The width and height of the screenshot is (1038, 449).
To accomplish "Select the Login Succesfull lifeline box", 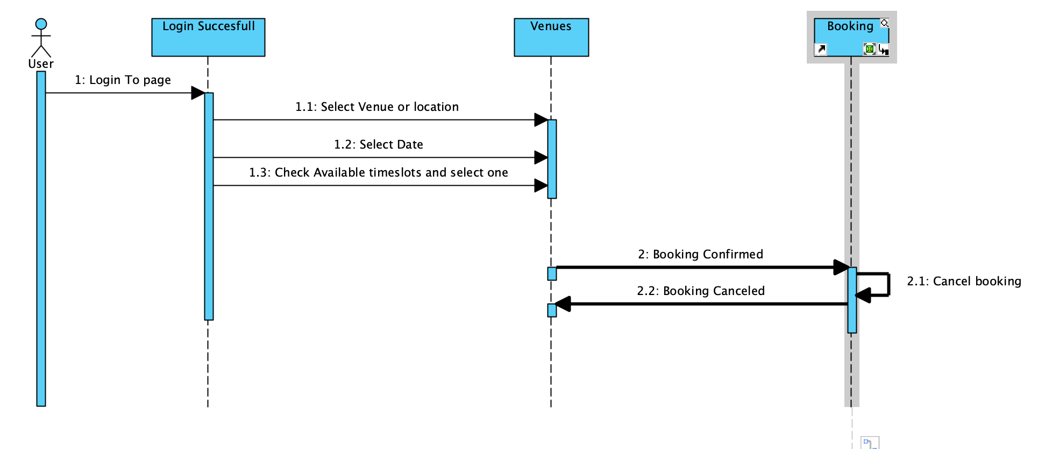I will pos(208,38).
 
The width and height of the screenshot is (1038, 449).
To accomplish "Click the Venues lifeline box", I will pos(551,38).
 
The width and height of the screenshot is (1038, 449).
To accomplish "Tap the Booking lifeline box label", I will pos(850,26).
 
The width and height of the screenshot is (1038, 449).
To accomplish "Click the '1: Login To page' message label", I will pos(123,80).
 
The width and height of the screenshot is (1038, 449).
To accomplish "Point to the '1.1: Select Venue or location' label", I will pos(376,107).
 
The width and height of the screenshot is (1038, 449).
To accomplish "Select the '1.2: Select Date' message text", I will pos(378,145).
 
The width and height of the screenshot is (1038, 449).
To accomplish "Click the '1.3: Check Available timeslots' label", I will pos(378,173).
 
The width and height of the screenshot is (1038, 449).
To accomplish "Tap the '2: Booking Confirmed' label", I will pos(700,255).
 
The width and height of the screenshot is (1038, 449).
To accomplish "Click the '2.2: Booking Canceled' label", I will pos(700,291).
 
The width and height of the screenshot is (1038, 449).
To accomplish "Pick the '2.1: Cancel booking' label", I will pos(963,282).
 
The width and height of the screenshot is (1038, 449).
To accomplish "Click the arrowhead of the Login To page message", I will pos(198,93).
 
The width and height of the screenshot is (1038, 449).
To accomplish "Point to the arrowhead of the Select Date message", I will pos(541,158).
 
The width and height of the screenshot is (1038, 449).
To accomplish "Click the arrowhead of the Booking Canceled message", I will pos(563,304).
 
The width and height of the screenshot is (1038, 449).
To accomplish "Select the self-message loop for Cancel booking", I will pos(888,284).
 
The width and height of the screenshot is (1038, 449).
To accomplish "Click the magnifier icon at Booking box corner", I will pos(884,23).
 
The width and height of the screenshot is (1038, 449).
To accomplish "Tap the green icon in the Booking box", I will pos(869,49).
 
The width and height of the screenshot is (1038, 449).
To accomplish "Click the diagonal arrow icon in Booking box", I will pos(821,50).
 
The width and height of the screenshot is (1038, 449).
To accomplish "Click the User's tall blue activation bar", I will pos(41,242).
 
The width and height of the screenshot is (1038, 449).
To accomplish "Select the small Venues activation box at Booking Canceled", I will pos(552,310).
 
